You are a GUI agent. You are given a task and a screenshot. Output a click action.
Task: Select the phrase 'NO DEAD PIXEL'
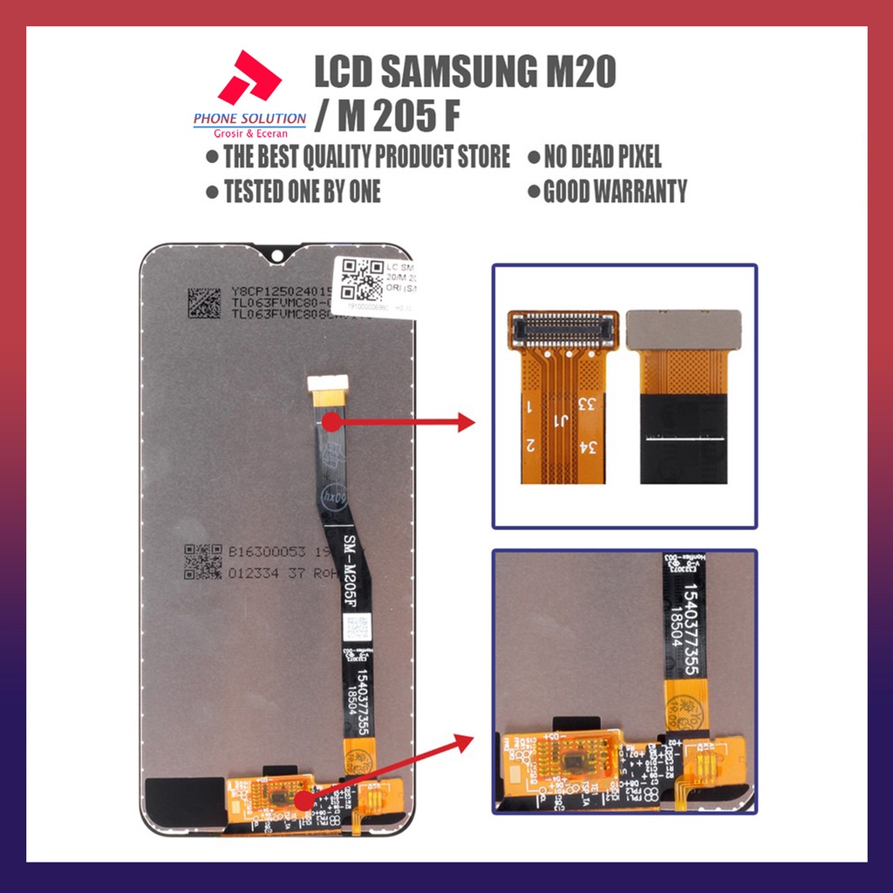pos(602,157)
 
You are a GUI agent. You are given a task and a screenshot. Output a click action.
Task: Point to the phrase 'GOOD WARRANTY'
pos(614,191)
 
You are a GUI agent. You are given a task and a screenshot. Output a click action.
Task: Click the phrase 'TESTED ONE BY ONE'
pos(302,191)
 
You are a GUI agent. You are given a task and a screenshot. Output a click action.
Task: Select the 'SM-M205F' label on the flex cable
pos(342,563)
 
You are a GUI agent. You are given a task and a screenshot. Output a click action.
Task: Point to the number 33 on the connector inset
pos(586,405)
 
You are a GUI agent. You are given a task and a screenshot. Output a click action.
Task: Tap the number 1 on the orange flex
pos(528,406)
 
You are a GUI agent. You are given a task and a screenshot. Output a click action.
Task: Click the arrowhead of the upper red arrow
pos(466,424)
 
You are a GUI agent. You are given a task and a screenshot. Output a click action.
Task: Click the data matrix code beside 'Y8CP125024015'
pos(205,301)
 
